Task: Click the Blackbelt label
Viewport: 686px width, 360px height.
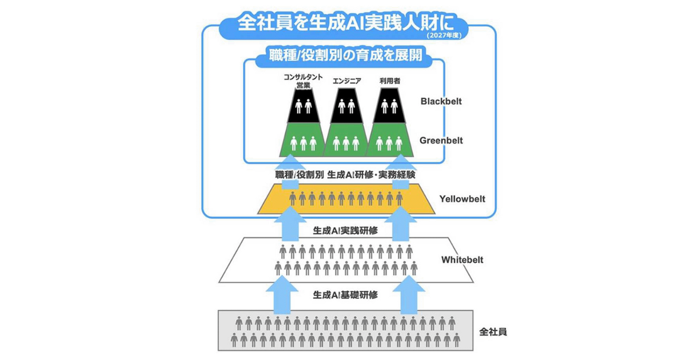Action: click(x=441, y=101)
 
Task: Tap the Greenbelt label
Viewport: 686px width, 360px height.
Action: click(x=441, y=140)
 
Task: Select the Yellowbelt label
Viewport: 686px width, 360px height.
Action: click(x=462, y=199)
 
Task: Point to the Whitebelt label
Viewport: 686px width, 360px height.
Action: click(x=462, y=260)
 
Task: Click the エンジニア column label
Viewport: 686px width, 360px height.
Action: click(x=346, y=81)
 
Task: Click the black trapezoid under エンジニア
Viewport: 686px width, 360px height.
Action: click(x=346, y=106)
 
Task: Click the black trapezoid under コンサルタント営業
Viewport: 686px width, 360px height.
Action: click(x=304, y=106)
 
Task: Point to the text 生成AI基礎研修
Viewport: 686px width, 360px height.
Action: click(x=345, y=295)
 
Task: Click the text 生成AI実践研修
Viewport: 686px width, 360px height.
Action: click(x=345, y=231)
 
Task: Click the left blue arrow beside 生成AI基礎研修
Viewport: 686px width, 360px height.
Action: click(x=291, y=295)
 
